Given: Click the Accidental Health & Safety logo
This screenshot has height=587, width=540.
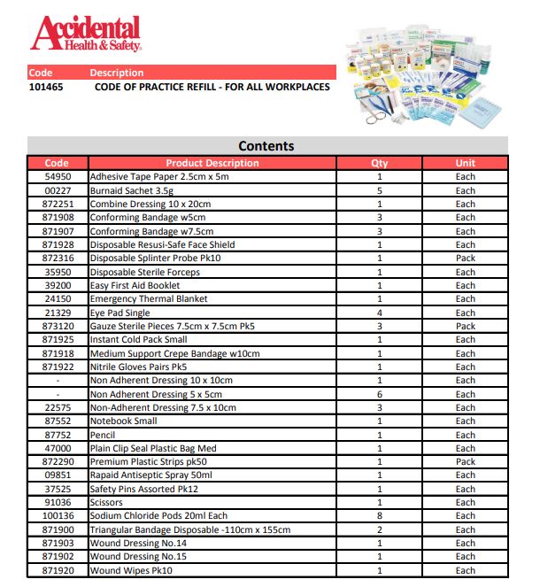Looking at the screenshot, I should click(85, 33).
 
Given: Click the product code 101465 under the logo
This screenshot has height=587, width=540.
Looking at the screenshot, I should click(45, 87).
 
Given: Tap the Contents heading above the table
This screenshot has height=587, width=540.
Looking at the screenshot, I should click(266, 146).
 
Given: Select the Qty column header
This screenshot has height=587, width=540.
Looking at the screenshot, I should click(380, 163).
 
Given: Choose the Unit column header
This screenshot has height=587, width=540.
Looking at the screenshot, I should click(465, 163).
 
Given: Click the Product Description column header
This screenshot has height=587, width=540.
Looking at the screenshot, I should click(212, 163).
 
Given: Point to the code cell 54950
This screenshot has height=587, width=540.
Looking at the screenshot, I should click(57, 177).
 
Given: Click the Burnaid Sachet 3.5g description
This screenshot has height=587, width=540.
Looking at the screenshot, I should click(133, 190).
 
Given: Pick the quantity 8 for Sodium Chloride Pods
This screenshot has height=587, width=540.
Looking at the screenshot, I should click(380, 516).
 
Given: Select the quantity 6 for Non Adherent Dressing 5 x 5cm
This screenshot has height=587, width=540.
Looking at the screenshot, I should click(380, 394).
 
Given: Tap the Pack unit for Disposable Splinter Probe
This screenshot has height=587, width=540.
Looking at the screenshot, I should click(465, 259).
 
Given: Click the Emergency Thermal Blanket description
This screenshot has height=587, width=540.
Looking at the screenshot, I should click(149, 299).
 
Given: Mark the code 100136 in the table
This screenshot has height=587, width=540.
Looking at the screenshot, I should click(57, 516).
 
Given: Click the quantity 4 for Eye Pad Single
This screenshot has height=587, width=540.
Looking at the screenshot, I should click(380, 313).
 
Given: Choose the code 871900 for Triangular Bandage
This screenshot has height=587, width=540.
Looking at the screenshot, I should click(57, 529).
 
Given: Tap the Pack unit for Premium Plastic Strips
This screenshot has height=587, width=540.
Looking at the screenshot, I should click(465, 462).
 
